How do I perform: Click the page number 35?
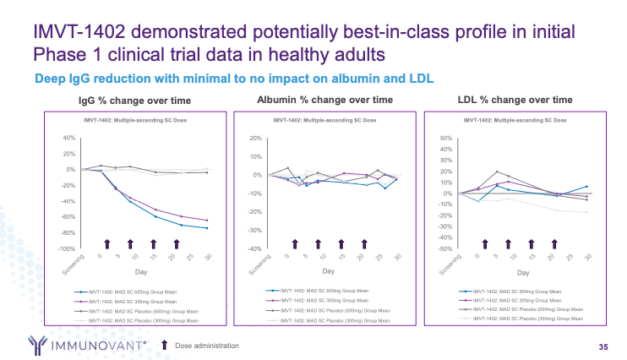602,346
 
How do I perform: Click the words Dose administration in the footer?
207,346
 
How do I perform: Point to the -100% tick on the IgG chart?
64,248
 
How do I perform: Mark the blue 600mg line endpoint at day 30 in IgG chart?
206,228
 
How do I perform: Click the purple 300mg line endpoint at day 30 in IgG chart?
206,221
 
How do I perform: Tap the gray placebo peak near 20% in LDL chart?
497,172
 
